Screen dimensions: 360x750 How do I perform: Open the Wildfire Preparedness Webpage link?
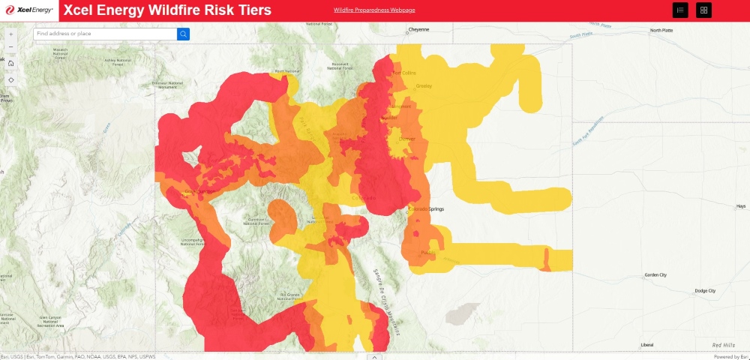[374, 10]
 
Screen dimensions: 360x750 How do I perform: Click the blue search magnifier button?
[183, 34]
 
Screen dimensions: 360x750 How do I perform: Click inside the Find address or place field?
[105, 34]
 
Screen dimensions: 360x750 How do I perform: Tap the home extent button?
[10, 63]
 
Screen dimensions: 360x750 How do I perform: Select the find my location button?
[10, 79]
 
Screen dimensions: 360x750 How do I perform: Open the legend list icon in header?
[680, 10]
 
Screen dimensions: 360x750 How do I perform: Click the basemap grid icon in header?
[703, 10]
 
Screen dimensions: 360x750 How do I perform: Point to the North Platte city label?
[661, 30]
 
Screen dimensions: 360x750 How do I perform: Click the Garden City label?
[655, 275]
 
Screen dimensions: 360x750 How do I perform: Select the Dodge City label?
[705, 290]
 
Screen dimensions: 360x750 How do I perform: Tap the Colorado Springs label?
[427, 209]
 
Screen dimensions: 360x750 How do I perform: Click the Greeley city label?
[424, 85]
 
